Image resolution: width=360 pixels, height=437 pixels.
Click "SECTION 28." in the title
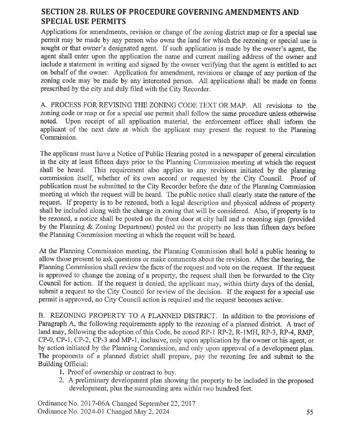65,12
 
